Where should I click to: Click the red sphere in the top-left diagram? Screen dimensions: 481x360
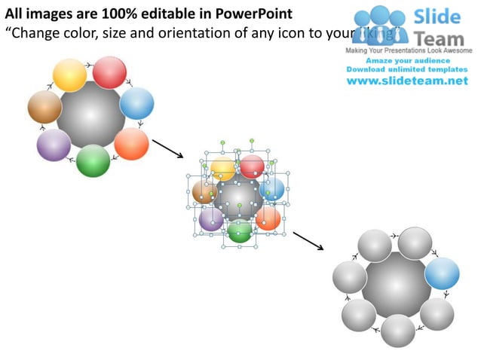pyautogui.click(x=109, y=72)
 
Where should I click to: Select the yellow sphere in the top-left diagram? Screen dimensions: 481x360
pyautogui.click(x=70, y=75)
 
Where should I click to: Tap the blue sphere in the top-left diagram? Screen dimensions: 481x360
pyautogui.click(x=136, y=103)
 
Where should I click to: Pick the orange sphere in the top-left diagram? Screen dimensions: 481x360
pyautogui.click(x=131, y=143)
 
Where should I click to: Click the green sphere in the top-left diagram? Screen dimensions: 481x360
pyautogui.click(x=93, y=160)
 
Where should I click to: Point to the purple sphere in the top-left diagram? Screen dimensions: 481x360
pyautogui.click(x=54, y=145)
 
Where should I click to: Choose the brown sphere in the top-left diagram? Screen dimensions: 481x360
pyautogui.click(x=44, y=107)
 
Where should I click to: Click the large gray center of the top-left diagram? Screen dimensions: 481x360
pyautogui.click(x=90, y=115)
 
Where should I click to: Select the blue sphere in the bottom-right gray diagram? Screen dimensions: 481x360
pyautogui.click(x=442, y=273)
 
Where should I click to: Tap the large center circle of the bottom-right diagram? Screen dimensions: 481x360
pyautogui.click(x=397, y=285)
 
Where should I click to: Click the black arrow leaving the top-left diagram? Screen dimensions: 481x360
pyautogui.click(x=167, y=148)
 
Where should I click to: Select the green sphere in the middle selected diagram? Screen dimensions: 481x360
pyautogui.click(x=240, y=230)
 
